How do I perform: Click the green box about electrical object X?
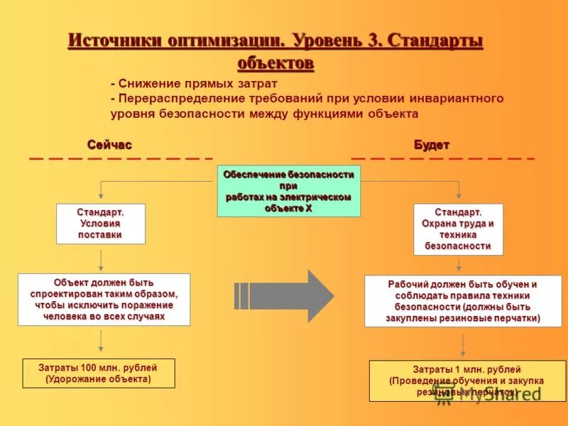288,191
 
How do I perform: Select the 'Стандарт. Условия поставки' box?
100,224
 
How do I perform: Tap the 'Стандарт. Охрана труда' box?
458,229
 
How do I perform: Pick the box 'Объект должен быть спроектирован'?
104,300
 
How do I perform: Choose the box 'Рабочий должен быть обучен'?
463,302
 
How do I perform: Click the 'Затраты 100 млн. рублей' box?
99,373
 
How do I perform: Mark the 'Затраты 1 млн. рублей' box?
466,381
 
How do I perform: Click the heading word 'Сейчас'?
109,145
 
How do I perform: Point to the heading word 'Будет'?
432,145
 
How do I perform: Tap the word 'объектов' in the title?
275,62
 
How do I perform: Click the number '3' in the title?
374,40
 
